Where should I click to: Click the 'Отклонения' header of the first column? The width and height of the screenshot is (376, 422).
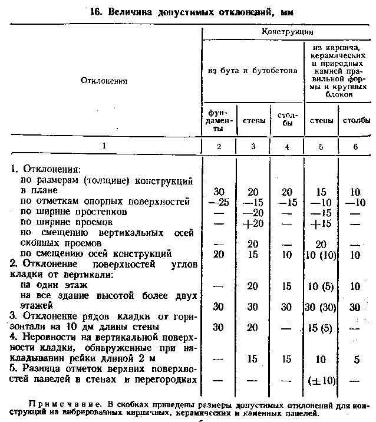pos(104,80)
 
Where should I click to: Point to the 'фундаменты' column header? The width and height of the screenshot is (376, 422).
pos(219,120)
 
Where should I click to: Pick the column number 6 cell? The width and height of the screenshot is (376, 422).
pos(355,146)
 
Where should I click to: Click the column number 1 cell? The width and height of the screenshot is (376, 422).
pos(104,146)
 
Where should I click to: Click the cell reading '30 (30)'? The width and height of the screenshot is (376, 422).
pos(321,306)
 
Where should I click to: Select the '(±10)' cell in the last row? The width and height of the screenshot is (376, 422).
pos(321,380)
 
